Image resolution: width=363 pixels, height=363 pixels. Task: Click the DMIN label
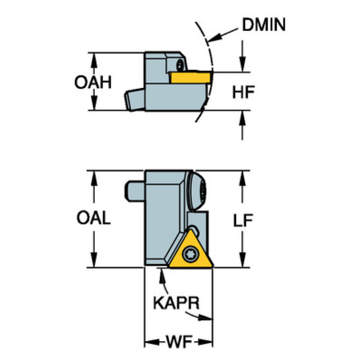pos(264,25)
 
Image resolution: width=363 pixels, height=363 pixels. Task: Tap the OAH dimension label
pos(93,82)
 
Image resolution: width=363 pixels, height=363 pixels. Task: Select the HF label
pos(244,92)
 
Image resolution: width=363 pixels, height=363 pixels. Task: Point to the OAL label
pos(94,218)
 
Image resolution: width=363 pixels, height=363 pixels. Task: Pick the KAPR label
pos(177,303)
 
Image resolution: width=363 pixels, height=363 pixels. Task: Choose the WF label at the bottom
pos(179,342)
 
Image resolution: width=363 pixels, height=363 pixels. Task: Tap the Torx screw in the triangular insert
pos(190,255)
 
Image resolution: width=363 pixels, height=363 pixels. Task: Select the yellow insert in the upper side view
pos(191,77)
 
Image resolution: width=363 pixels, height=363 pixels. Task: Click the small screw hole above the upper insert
pos(180,64)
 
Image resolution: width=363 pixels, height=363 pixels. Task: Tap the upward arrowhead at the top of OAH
pos(94,60)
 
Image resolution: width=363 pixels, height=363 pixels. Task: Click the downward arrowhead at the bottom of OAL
pos(94,260)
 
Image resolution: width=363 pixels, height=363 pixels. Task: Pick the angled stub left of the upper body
pos(135,99)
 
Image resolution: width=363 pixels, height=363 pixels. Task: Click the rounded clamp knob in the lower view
pos(197,191)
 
